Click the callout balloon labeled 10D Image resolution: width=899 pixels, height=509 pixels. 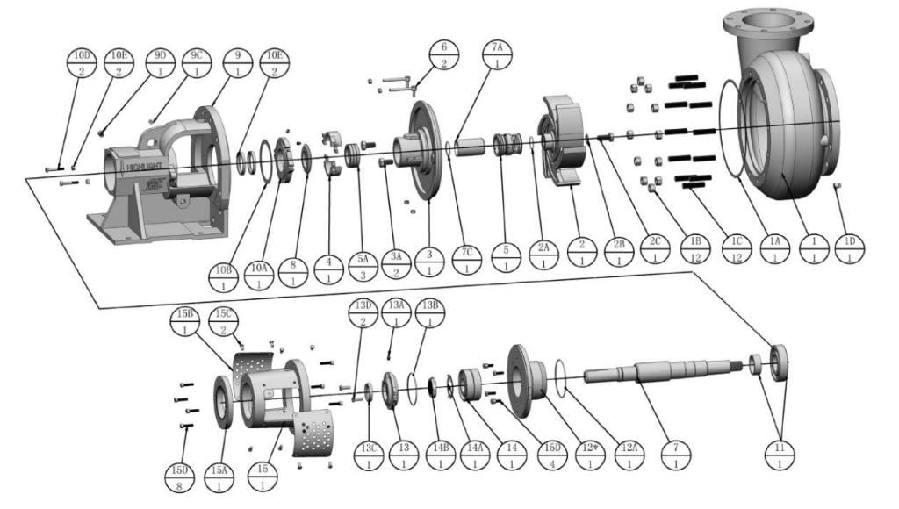click(x=80, y=63)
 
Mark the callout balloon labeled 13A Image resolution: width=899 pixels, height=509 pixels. click(x=400, y=313)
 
